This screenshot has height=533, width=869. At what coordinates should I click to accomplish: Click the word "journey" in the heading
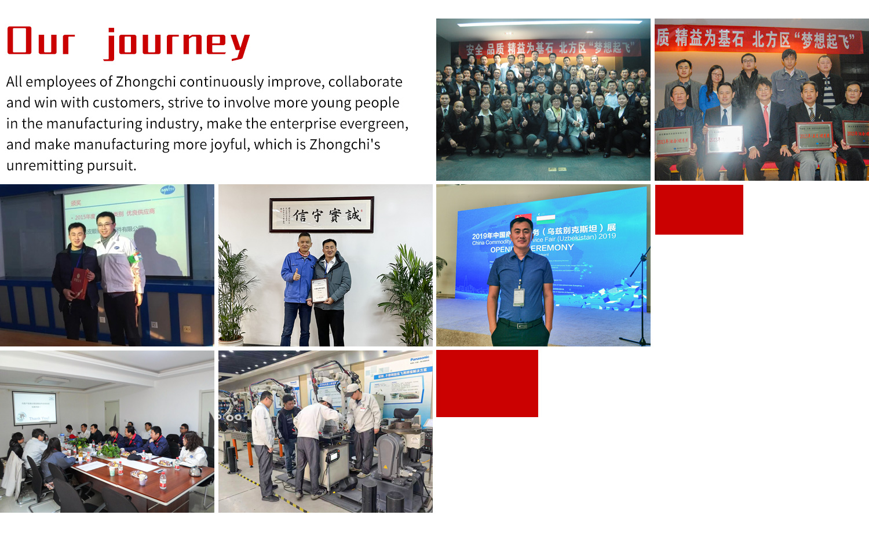177,43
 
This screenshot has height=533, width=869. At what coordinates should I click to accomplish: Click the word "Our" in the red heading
41,42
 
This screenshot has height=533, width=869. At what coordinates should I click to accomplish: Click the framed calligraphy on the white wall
322,215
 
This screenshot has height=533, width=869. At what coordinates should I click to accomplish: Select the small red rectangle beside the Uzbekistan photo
699,210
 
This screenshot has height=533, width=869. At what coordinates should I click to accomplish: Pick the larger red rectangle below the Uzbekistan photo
487,384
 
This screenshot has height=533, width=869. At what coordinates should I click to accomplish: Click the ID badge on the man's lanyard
519,297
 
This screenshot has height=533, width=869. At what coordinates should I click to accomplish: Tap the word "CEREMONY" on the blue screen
552,248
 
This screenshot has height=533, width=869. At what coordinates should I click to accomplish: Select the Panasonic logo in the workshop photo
419,359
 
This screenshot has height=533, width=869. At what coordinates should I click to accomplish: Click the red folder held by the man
79,284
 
